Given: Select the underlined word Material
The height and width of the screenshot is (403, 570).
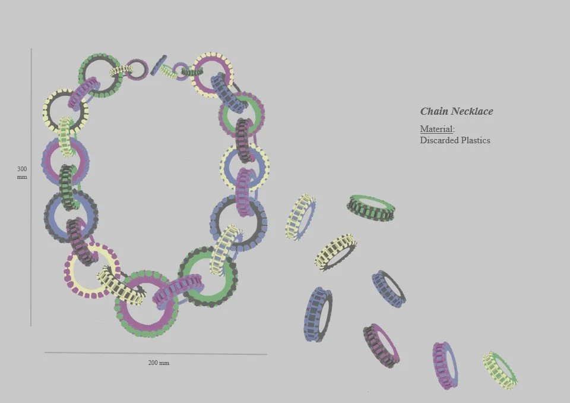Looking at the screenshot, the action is (436, 129).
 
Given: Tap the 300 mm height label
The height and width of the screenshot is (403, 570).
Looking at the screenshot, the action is (22, 172).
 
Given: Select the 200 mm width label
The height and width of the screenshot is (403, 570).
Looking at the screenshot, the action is (159, 363).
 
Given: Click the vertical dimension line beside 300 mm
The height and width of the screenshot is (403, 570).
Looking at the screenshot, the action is (31, 187).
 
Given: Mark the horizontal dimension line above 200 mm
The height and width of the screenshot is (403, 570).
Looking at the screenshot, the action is (156, 353).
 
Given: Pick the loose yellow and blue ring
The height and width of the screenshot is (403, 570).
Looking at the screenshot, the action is (300, 217).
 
